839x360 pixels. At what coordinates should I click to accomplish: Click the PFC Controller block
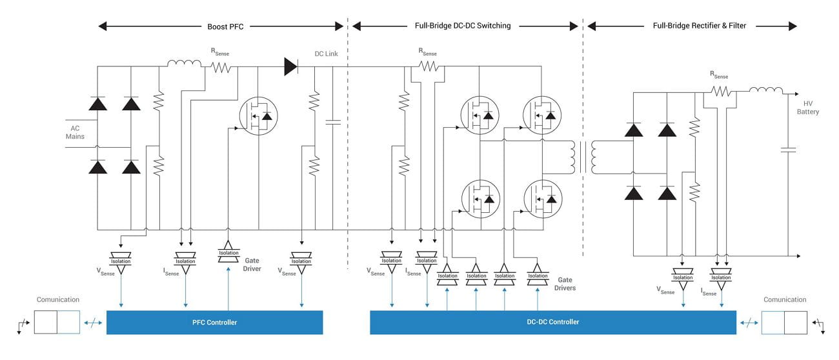point(214,322)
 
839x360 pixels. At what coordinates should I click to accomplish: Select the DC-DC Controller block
point(552,322)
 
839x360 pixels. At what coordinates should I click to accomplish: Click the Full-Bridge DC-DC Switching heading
point(462,26)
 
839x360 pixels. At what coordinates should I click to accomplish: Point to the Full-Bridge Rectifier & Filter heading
point(699,26)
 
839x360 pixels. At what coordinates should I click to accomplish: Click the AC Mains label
point(75,132)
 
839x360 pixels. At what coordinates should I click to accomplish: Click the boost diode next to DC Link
point(291,66)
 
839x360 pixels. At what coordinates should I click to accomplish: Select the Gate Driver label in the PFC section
point(252,265)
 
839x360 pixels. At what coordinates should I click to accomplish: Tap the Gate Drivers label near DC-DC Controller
point(566,285)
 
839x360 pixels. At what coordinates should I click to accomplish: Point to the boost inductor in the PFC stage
point(185,63)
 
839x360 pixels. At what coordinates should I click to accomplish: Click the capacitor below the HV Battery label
point(788,150)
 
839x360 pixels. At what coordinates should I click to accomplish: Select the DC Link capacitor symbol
point(333,122)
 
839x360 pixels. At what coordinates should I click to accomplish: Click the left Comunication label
point(57,299)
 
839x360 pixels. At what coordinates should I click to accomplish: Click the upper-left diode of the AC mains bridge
point(98,103)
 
